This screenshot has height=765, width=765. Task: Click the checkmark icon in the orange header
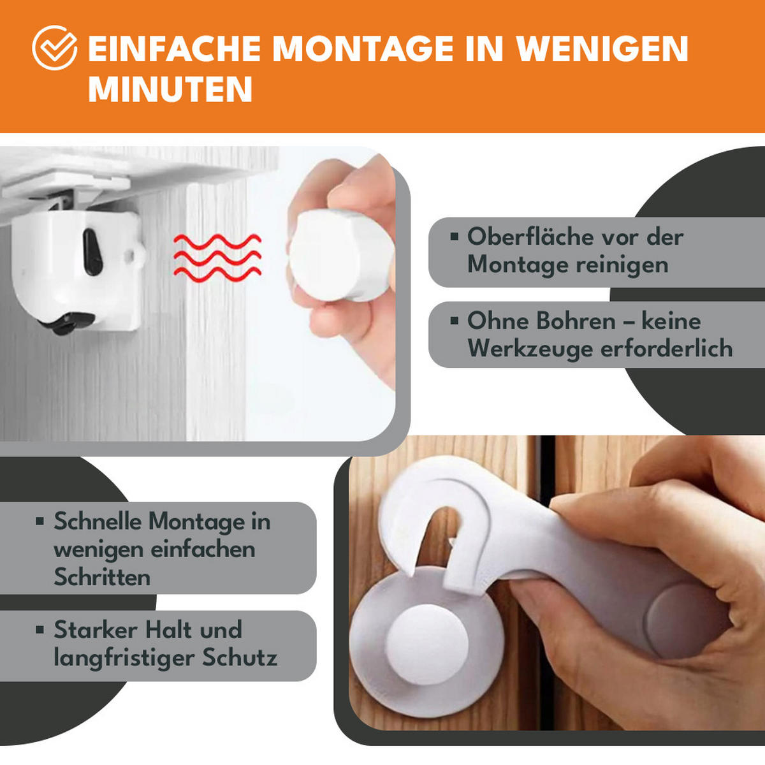pos(55,48)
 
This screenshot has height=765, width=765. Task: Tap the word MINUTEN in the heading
pos(170,89)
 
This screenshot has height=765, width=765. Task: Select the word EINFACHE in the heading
pos(174,49)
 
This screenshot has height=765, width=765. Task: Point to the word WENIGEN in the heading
pos(602,49)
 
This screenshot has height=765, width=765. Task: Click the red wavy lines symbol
pos(217,257)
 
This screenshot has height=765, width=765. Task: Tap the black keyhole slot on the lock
pos(92,252)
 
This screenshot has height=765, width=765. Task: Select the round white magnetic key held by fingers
pos(331,254)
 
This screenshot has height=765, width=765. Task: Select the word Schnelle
pos(98,521)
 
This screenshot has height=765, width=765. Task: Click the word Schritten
pos(102,578)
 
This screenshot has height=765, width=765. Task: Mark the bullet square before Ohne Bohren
pos(454,321)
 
